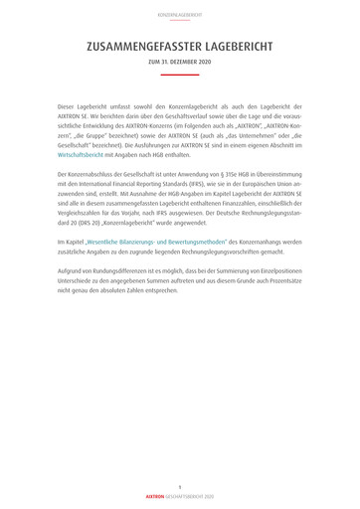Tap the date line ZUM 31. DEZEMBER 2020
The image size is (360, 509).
tap(180, 62)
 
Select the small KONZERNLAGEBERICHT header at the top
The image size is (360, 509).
tap(180, 15)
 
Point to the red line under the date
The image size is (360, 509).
tap(180, 74)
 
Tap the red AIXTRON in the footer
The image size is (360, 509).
tap(156, 495)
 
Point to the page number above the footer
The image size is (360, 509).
tap(180, 486)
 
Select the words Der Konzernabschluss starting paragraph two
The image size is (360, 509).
tap(89, 174)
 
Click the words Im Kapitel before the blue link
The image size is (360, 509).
tap(71, 242)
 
